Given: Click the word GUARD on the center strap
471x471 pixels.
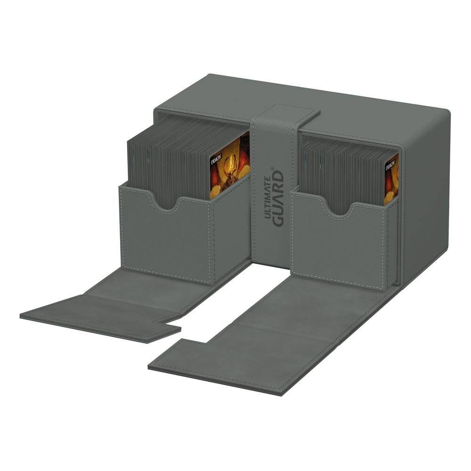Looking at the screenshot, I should tap(279, 199).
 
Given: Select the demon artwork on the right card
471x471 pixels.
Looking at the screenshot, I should tap(392, 181).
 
